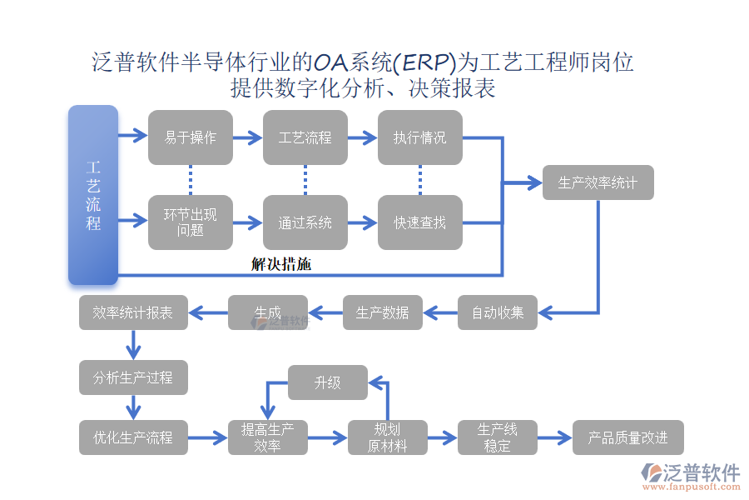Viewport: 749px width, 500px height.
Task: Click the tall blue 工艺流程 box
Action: pyautogui.click(x=93, y=195)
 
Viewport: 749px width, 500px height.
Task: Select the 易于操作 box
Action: pyautogui.click(x=191, y=137)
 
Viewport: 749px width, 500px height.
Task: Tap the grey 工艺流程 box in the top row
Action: pyautogui.click(x=305, y=137)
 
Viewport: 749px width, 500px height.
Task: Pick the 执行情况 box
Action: pyautogui.click(x=419, y=137)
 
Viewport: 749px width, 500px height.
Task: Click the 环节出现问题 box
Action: pyautogui.click(x=191, y=222)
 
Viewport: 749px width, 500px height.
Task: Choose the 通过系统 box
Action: pyautogui.click(x=305, y=222)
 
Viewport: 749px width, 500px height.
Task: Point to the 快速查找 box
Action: pyautogui.click(x=419, y=222)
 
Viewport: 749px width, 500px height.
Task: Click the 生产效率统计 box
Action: pyautogui.click(x=598, y=182)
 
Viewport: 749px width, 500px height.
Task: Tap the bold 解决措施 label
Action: pyautogui.click(x=281, y=264)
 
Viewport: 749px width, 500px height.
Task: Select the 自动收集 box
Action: pyautogui.click(x=498, y=312)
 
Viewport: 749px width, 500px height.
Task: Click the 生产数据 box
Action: pyautogui.click(x=383, y=312)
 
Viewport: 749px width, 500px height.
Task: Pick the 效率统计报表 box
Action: pyautogui.click(x=133, y=312)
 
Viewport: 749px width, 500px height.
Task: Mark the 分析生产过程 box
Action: pyautogui.click(x=133, y=377)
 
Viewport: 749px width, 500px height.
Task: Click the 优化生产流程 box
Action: pyautogui.click(x=133, y=437)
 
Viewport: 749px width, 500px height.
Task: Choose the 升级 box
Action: pyautogui.click(x=327, y=382)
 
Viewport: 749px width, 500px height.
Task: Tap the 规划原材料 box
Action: pyautogui.click(x=388, y=437)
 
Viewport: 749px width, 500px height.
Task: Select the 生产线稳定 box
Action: pyautogui.click(x=498, y=437)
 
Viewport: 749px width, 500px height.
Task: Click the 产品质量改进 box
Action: pyautogui.click(x=628, y=437)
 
